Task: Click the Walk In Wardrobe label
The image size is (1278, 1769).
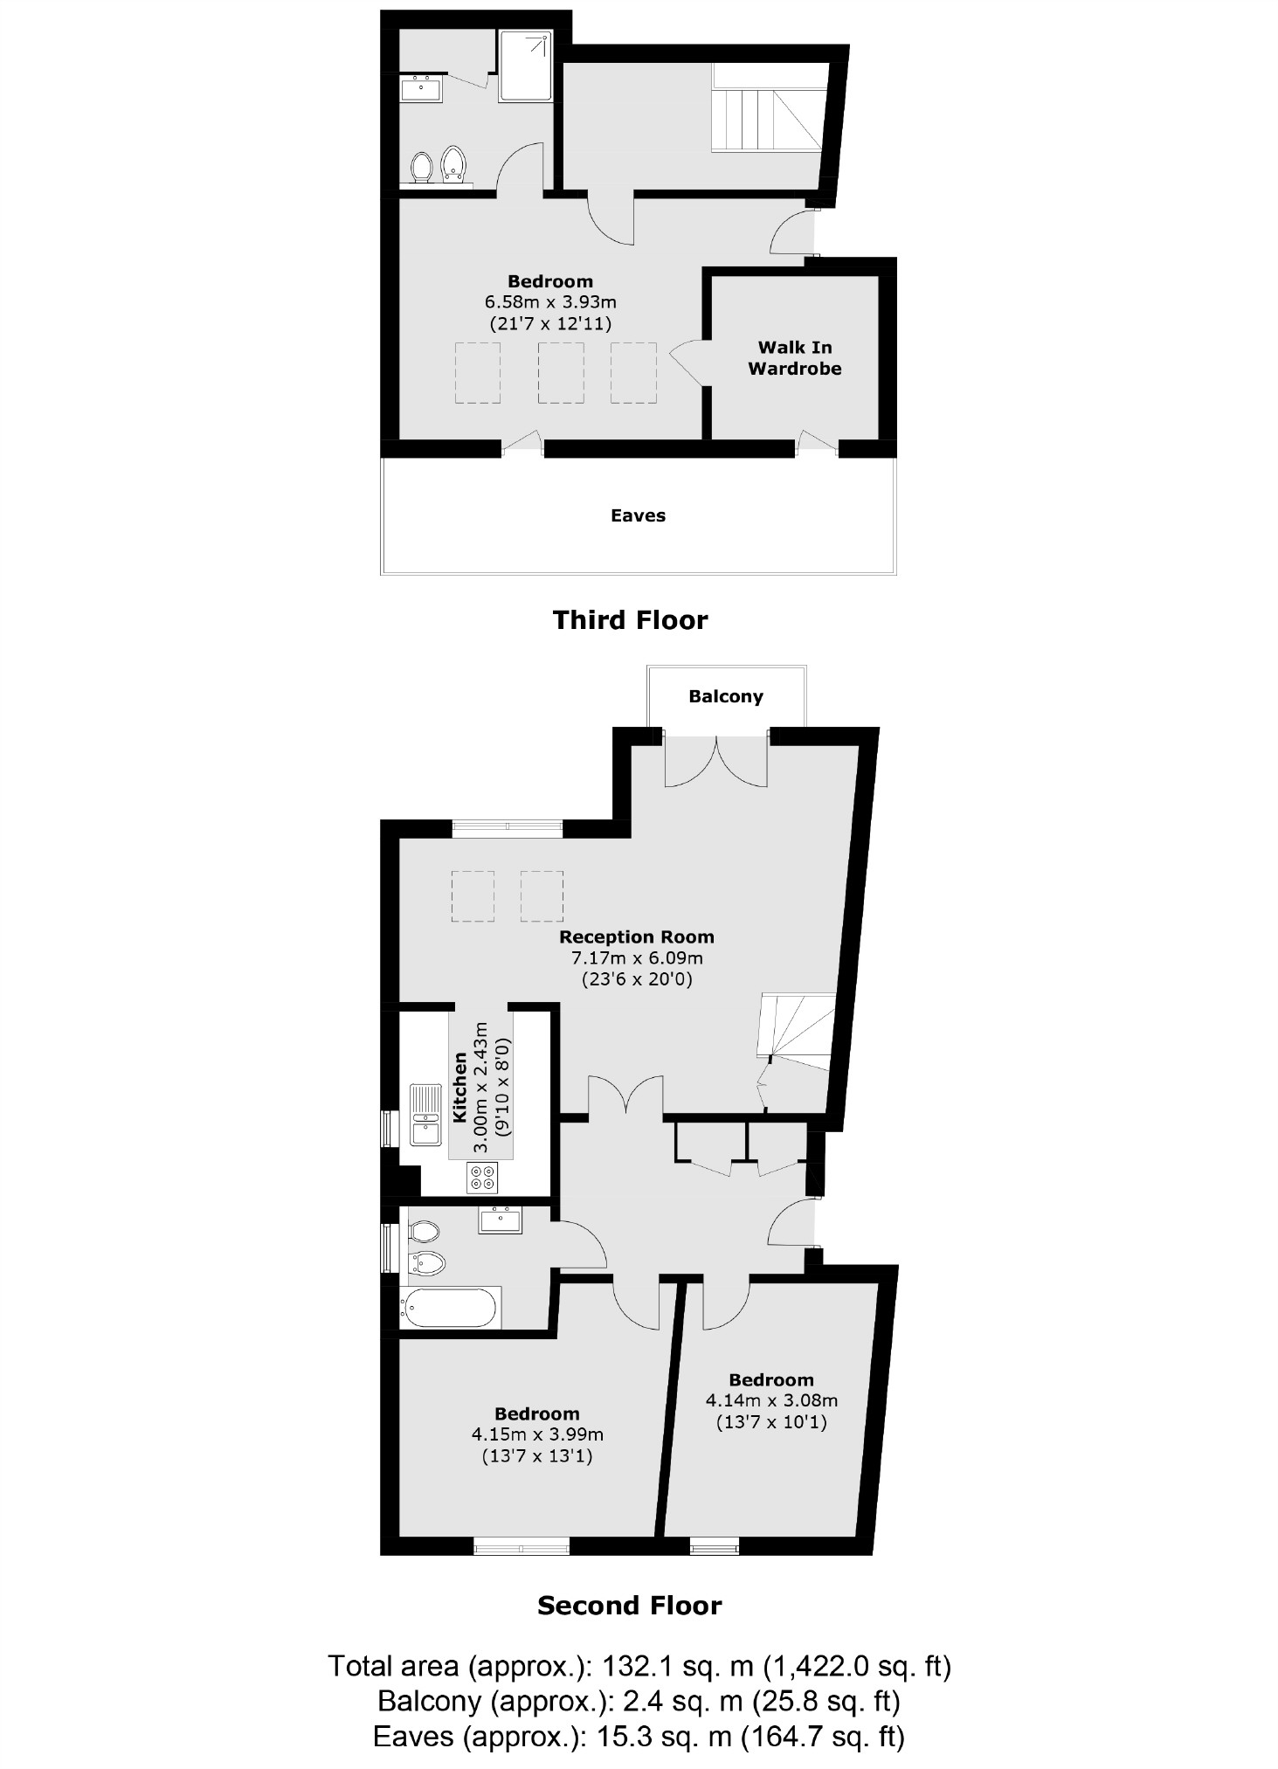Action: pyautogui.click(x=794, y=358)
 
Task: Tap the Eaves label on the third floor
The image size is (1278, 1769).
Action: pyautogui.click(x=638, y=515)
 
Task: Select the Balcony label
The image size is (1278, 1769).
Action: pyautogui.click(x=725, y=696)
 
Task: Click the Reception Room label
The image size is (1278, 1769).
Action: pyautogui.click(x=636, y=937)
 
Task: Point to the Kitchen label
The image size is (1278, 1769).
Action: pyautogui.click(x=459, y=1087)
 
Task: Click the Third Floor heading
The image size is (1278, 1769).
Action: pyautogui.click(x=630, y=620)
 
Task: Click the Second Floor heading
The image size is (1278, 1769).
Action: pyautogui.click(x=629, y=1606)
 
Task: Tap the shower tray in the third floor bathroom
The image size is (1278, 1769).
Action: pyautogui.click(x=526, y=66)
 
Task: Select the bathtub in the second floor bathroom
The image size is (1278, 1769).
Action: pyautogui.click(x=449, y=1308)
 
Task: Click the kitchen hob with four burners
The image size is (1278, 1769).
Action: pyautogui.click(x=483, y=1178)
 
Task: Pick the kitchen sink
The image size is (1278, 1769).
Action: pyautogui.click(x=425, y=1114)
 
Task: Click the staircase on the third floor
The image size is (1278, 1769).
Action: pyautogui.click(x=767, y=119)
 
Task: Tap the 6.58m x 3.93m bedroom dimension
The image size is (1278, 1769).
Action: pyautogui.click(x=550, y=302)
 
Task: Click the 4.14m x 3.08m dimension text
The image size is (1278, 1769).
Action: pyautogui.click(x=771, y=1400)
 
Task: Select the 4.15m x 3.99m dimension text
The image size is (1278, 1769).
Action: pyautogui.click(x=537, y=1434)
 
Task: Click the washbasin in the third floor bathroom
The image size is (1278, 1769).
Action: pyautogui.click(x=421, y=88)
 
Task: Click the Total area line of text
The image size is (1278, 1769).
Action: pyautogui.click(x=639, y=1666)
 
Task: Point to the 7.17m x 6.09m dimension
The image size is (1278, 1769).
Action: pyautogui.click(x=636, y=957)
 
